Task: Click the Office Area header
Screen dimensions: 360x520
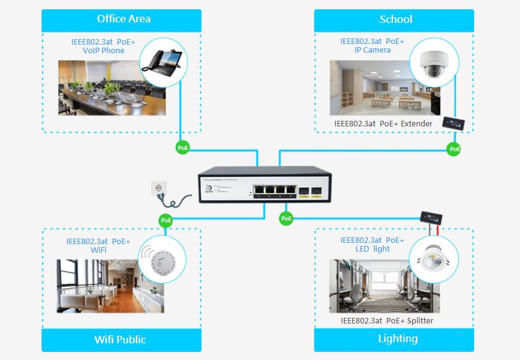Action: coord(123,19)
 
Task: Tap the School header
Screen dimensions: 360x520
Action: coord(395,19)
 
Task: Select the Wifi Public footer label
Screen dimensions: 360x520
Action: coord(120,340)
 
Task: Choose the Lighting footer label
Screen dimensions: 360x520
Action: coord(397,339)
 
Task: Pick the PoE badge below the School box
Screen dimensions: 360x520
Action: coord(454,149)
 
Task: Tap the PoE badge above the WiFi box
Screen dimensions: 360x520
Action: coord(165,220)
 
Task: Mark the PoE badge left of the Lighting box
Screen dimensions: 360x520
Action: coord(286,219)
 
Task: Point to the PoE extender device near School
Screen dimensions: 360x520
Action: coord(454,123)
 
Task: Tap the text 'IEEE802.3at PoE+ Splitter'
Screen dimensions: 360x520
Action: coord(387,321)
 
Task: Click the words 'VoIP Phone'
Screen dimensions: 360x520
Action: coord(104,51)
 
